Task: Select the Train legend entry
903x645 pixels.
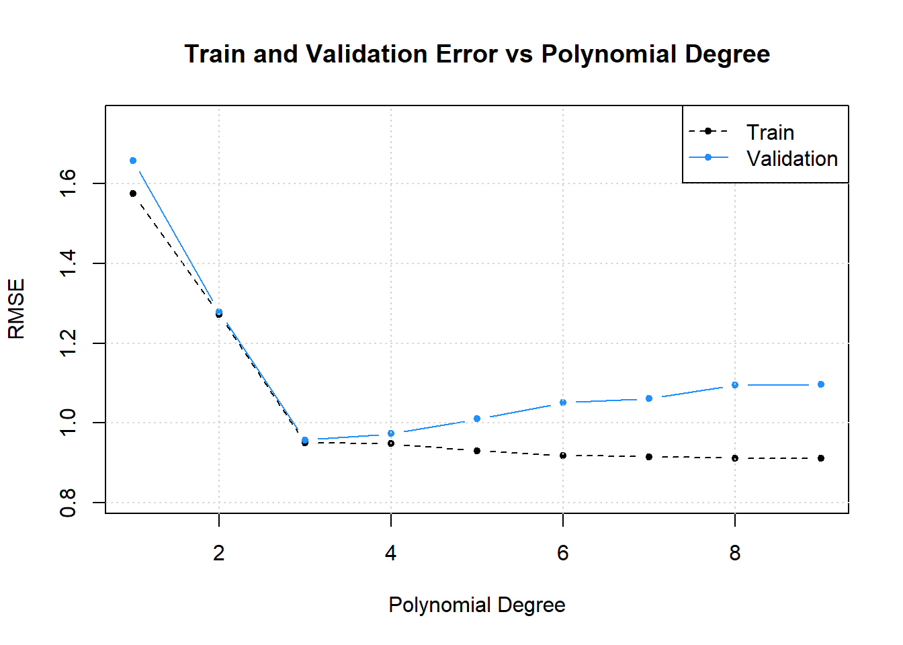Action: [770, 132]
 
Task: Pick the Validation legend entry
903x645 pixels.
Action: [791, 159]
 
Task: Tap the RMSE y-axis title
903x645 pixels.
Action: [16, 309]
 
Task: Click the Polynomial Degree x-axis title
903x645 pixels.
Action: [476, 605]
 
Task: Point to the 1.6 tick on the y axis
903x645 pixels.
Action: [69, 183]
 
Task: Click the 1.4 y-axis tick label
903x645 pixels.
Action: [69, 263]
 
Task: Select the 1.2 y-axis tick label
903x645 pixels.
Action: [69, 343]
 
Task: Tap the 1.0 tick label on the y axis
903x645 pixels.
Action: [69, 423]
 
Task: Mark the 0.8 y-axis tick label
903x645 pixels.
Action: [69, 503]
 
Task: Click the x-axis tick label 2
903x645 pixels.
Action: [219, 553]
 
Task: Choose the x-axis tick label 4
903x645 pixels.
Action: [391, 553]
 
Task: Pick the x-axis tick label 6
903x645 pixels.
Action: [563, 553]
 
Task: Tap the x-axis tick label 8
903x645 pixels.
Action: [735, 553]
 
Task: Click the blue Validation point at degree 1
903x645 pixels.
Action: [133, 161]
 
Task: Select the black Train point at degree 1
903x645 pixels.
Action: [133, 193]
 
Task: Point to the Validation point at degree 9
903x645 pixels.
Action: [821, 384]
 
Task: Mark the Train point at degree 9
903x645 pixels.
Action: [821, 458]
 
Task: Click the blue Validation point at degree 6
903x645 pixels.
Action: [563, 402]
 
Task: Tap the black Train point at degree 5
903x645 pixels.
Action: [477, 451]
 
